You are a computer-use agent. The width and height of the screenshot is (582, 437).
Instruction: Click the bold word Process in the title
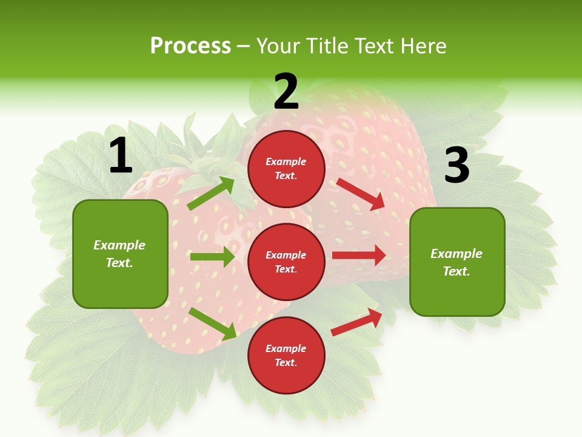(x=190, y=46)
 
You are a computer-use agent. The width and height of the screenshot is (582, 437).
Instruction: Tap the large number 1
(x=121, y=156)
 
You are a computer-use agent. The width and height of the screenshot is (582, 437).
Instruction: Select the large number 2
(x=286, y=92)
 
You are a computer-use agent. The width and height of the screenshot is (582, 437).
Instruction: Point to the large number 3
(x=457, y=165)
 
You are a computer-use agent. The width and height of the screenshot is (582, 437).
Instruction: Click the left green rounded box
(x=120, y=254)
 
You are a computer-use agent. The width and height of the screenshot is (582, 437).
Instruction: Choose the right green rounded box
(x=457, y=262)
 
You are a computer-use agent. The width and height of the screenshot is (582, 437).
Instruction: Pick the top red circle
(x=286, y=169)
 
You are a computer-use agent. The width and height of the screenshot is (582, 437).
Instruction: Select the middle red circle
(x=286, y=262)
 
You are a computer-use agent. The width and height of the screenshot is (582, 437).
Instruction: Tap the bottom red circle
(x=286, y=355)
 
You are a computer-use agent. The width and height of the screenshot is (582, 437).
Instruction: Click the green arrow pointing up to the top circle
(x=211, y=194)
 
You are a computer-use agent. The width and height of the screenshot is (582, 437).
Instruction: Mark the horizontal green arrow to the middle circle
(x=212, y=257)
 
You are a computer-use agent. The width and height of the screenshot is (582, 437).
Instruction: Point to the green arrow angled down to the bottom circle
(x=212, y=324)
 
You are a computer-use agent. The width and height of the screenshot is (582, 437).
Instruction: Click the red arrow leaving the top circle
(x=361, y=194)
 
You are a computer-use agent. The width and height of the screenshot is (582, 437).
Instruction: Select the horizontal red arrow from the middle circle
(x=359, y=255)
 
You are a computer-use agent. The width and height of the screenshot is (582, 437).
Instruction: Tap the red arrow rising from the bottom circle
(x=357, y=322)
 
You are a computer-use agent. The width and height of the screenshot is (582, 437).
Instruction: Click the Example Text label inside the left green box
(x=120, y=254)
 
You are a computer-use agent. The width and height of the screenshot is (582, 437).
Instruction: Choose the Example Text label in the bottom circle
(x=286, y=355)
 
